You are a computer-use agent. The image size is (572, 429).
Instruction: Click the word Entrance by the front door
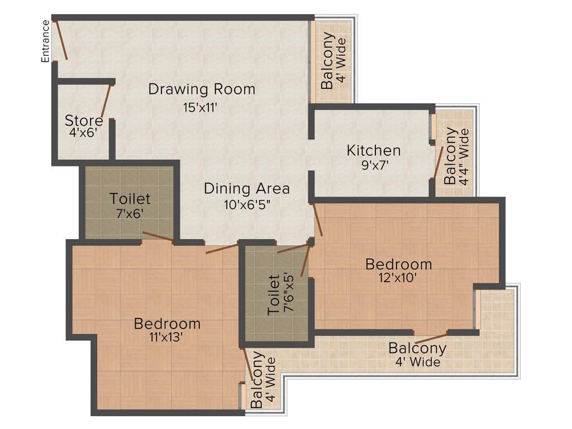(x=46, y=41)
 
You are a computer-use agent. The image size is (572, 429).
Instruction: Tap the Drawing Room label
(x=202, y=89)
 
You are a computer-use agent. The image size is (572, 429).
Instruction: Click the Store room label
(x=84, y=121)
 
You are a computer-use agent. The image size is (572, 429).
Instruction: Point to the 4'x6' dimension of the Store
(x=84, y=133)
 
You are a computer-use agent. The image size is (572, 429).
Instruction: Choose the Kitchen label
(x=374, y=150)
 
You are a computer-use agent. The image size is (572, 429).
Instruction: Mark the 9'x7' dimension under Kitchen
(x=374, y=165)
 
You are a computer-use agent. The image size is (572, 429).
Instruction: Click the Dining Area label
(x=246, y=188)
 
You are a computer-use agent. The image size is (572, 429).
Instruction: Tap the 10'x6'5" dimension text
(x=246, y=204)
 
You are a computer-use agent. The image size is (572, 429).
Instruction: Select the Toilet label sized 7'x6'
(x=130, y=198)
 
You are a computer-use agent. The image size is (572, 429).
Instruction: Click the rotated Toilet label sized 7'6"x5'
(x=274, y=294)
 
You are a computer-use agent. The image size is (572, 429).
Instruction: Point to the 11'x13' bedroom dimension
(x=167, y=337)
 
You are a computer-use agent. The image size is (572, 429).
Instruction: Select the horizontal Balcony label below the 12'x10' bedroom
(x=417, y=349)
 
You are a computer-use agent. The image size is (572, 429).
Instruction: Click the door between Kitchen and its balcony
(x=438, y=163)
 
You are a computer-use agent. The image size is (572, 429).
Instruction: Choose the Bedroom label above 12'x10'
(x=398, y=264)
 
